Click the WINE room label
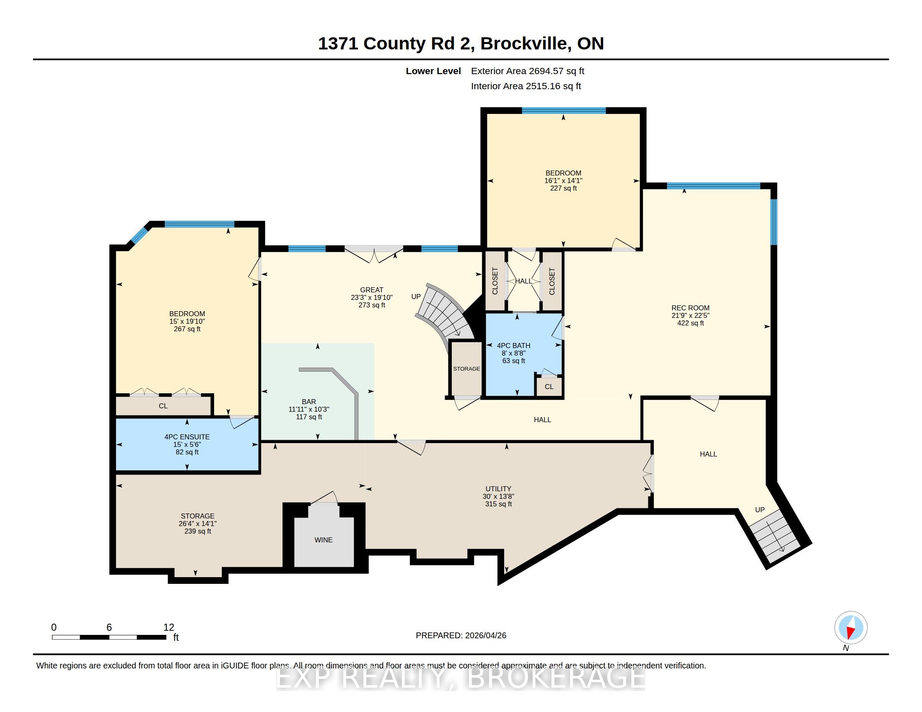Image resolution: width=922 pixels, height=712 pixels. [324, 540]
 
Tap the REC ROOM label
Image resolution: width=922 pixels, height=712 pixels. [690, 308]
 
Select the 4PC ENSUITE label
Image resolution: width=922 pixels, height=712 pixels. [187, 437]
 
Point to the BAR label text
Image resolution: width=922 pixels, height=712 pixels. [308, 402]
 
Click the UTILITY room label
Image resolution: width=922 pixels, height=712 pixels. [498, 489]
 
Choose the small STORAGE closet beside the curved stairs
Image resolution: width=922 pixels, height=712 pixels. [466, 369]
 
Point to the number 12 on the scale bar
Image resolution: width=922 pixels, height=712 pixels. [169, 627]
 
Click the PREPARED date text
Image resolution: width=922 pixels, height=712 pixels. [461, 635]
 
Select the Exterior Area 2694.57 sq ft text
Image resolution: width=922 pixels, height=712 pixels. [528, 71]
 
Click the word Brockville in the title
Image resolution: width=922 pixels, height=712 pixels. [523, 44]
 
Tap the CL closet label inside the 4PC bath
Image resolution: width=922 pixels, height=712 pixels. [549, 387]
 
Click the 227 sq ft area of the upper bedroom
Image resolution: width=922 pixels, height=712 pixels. [563, 188]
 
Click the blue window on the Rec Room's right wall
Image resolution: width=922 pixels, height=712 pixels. [774, 222]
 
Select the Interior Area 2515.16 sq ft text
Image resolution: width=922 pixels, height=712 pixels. [526, 86]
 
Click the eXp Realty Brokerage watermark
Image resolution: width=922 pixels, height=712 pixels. [461, 678]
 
